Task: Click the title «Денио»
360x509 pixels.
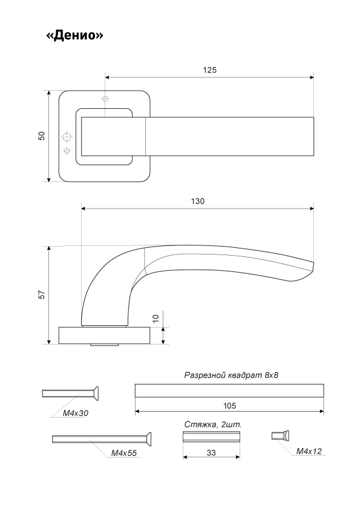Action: pos(74,34)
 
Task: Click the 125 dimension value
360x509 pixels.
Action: pos(209,70)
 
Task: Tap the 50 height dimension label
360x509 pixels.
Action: pos(42,135)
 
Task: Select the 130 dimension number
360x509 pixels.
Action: pos(197,201)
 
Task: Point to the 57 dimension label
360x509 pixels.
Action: pos(42,294)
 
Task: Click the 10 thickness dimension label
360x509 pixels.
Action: pos(155,318)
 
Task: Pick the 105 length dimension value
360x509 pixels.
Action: pos(229,406)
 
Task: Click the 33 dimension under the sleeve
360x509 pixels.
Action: pos(211,453)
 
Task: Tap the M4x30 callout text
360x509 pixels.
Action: pos(76,413)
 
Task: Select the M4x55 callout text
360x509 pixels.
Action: pos(124,453)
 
